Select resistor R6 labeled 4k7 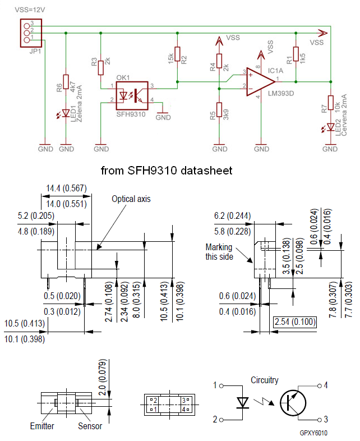pos(66,82)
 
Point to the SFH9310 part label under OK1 pos(131,114)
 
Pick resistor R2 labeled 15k pos(177,54)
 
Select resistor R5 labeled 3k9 pos(219,110)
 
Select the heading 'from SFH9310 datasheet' pos(166,169)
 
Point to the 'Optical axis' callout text pos(131,199)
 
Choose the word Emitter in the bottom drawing pos(42,426)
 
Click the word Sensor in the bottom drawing pos(90,426)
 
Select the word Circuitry pos(264,380)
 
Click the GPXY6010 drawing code pos(313,433)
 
